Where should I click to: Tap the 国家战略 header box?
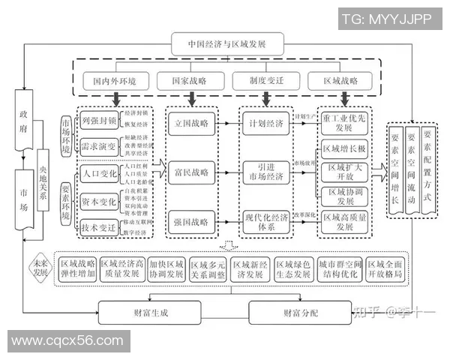(192, 80)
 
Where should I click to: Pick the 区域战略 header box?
(341, 80)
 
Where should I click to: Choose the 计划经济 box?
(267, 122)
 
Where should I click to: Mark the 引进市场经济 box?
(267, 171)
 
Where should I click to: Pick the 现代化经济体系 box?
(267, 221)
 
